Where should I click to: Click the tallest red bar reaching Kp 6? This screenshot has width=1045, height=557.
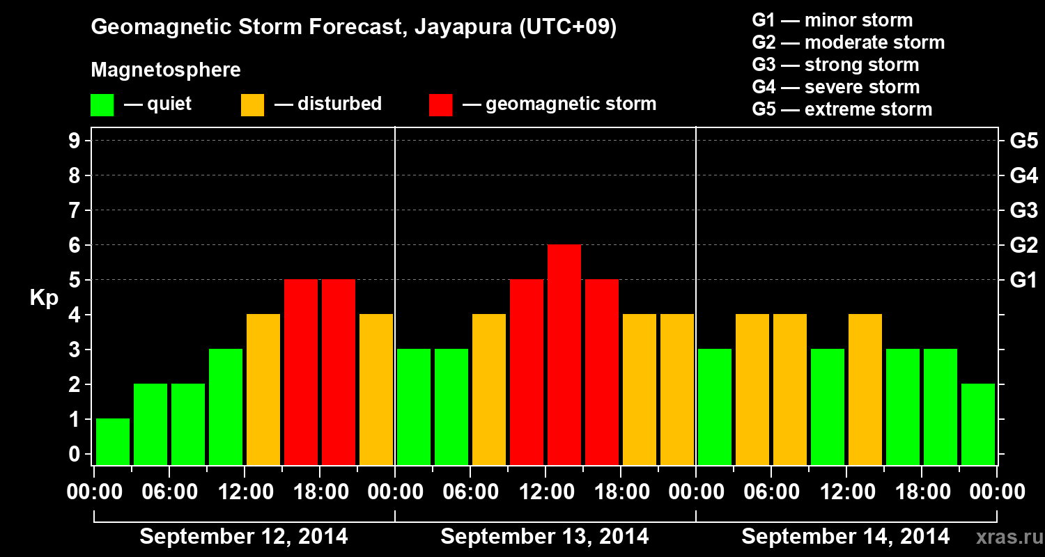tap(564, 354)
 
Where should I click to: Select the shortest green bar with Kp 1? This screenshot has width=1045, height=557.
tap(113, 441)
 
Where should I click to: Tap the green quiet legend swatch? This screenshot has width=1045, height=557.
tap(102, 105)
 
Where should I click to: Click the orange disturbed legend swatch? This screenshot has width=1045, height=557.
tap(252, 105)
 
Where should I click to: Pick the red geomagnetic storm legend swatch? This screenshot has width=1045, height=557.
tap(441, 105)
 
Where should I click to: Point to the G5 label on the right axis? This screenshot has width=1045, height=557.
tap(1023, 141)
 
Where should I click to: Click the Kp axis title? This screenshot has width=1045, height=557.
tap(44, 298)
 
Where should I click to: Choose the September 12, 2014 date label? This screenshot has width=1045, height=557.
tap(244, 537)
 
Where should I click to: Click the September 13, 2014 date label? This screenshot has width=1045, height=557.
tap(545, 537)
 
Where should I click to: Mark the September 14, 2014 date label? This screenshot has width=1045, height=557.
tap(845, 537)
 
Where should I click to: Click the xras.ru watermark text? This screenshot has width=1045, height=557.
tap(1009, 538)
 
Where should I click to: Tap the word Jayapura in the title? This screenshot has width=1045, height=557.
tap(463, 27)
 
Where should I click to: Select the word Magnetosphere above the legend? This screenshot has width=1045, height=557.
tap(166, 70)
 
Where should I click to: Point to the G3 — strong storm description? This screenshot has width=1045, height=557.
tap(835, 65)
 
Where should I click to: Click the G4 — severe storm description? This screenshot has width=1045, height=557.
tap(836, 87)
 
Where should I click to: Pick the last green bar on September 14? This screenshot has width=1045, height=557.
tap(978, 424)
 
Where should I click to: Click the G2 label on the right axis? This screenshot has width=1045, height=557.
tap(1023, 246)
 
